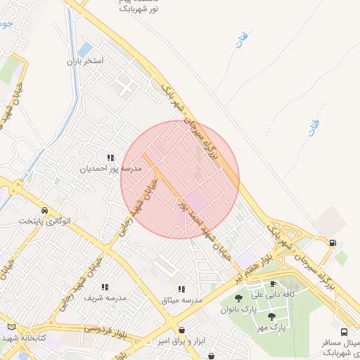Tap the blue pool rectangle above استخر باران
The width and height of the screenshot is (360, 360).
(85, 50)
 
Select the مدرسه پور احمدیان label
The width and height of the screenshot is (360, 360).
(112, 169)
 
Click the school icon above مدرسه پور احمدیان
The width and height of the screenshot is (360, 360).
(110, 157)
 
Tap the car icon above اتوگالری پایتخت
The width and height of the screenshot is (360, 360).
(45, 210)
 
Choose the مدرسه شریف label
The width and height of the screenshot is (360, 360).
(105, 298)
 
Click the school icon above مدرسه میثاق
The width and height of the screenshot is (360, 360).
(182, 288)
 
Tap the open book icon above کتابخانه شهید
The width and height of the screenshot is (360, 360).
(11, 327)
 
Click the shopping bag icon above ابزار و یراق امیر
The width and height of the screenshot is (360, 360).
(182, 329)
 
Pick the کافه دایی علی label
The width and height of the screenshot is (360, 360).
(273, 295)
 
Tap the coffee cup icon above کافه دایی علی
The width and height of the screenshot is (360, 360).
(273, 284)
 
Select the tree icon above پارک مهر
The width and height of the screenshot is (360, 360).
(271, 316)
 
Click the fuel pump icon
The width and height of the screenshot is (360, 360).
(332, 243)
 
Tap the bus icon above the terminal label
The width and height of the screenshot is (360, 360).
(344, 332)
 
